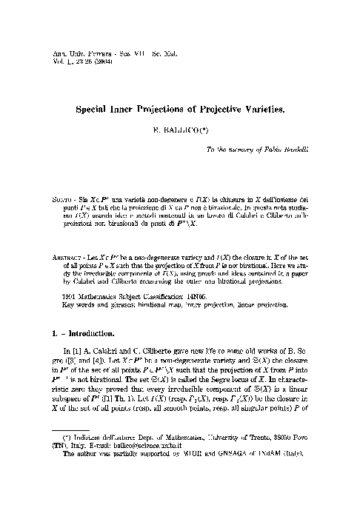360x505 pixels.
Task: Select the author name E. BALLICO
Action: (x=181, y=129)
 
